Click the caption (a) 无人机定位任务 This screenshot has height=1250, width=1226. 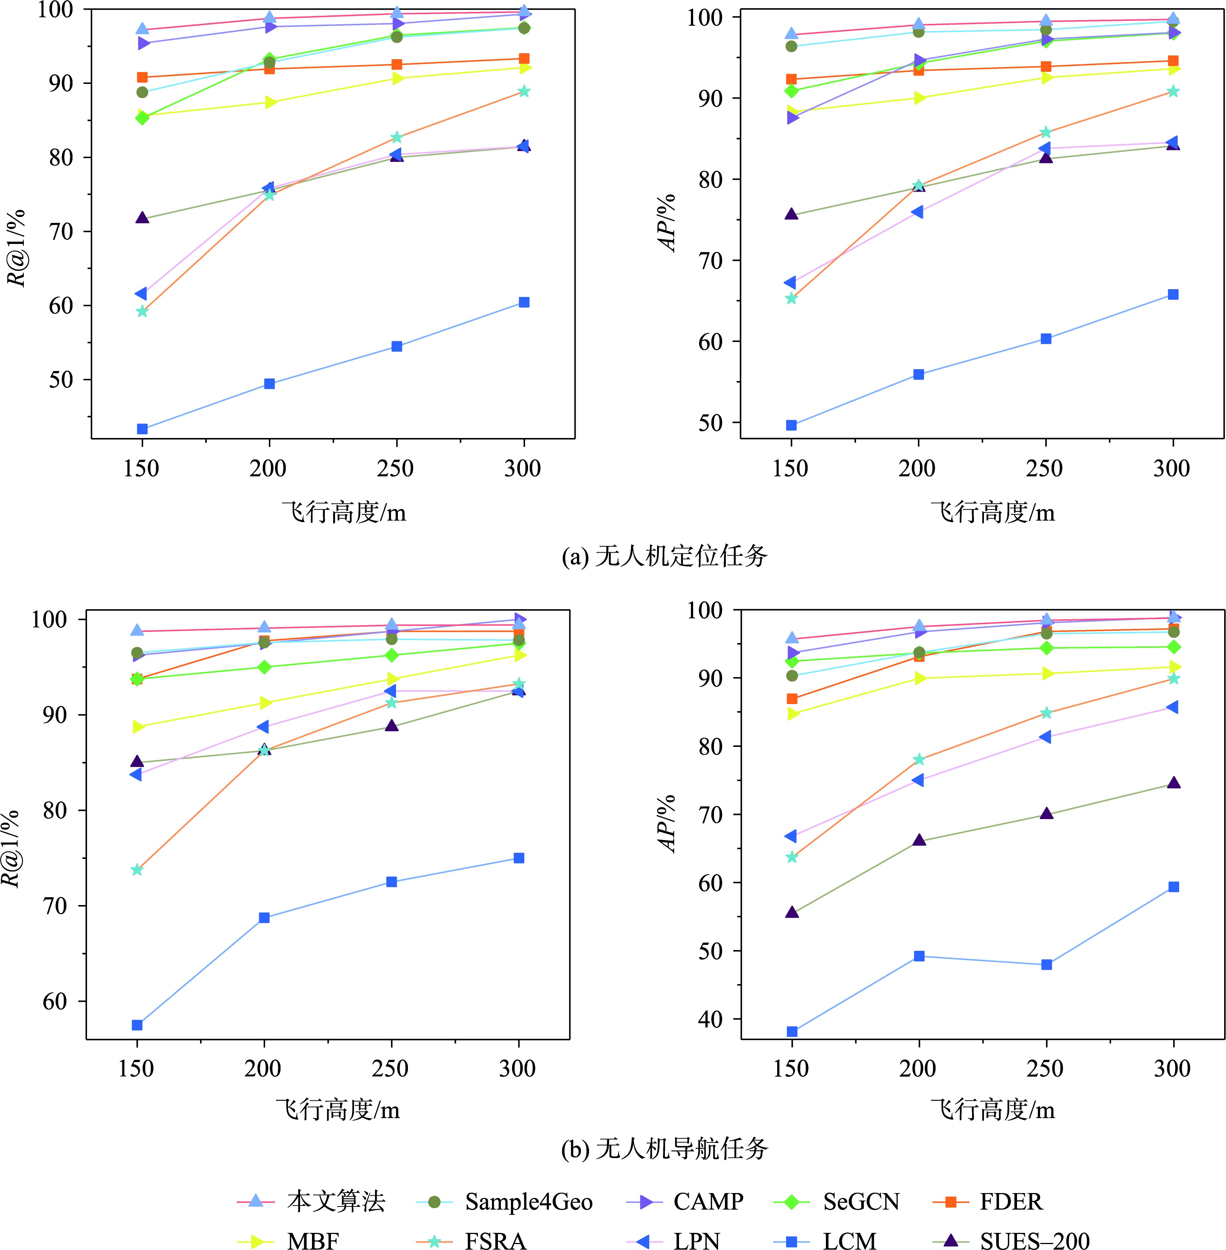665,556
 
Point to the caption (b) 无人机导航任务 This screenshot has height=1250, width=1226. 665,1148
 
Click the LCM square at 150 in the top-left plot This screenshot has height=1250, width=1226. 142,429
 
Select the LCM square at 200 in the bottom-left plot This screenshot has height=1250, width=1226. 264,918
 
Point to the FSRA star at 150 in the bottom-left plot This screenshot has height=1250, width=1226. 136,870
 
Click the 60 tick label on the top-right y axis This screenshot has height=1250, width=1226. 710,342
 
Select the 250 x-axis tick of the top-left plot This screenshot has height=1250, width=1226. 395,469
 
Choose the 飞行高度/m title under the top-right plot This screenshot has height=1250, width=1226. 992,512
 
